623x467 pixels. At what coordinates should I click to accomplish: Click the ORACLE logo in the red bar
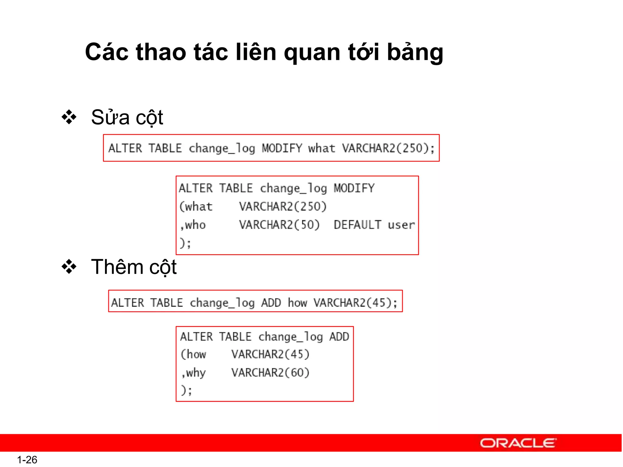tap(518, 443)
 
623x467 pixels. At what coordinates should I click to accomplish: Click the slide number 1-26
tap(27, 459)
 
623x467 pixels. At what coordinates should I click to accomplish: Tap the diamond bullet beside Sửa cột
tap(69, 117)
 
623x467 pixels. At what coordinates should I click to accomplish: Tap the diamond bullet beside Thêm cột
tap(69, 267)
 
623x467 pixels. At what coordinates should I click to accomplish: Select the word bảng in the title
tap(415, 52)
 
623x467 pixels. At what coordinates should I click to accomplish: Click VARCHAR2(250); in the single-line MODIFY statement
tap(388, 148)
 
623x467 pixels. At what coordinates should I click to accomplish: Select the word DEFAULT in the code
tap(357, 225)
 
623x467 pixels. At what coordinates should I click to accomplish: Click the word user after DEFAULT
tap(401, 225)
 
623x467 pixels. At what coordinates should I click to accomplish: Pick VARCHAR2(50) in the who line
tap(280, 225)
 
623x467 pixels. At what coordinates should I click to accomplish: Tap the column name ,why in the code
tap(193, 373)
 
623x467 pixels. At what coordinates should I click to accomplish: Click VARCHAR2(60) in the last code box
tap(270, 373)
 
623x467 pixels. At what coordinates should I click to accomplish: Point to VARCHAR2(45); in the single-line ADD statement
tap(355, 303)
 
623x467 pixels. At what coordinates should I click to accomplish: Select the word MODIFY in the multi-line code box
tap(354, 188)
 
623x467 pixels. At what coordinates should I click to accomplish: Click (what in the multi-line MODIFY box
tap(196, 207)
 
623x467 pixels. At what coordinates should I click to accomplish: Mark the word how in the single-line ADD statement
tap(298, 303)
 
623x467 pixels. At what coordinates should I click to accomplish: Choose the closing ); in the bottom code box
tap(186, 390)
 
